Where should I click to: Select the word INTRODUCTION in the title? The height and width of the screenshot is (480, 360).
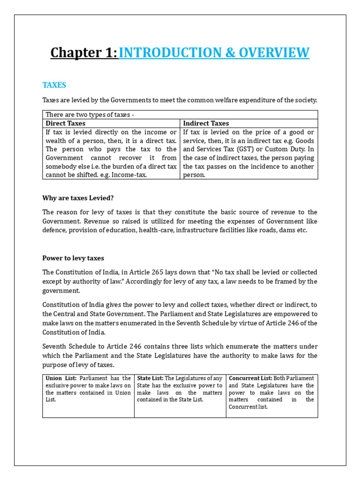[160, 53]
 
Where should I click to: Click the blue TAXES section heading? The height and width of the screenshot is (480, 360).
[54, 85]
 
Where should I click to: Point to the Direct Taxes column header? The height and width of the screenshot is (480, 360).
[66, 123]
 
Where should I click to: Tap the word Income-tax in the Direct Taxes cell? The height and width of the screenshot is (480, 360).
[132, 175]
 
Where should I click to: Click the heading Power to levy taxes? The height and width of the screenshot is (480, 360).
[73, 258]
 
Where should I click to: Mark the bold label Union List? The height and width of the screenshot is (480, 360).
[61, 378]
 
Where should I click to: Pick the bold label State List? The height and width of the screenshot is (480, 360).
[150, 378]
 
